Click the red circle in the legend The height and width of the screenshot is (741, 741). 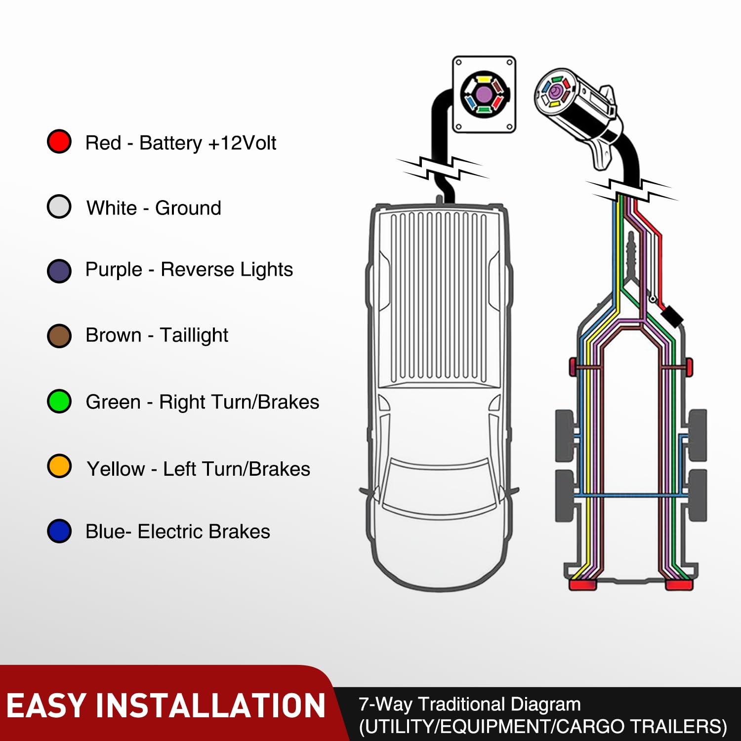click(x=59, y=142)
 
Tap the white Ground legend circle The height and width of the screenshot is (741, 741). click(x=59, y=207)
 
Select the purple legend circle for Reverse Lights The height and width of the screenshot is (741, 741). click(x=59, y=271)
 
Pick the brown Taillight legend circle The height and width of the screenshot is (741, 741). click(x=59, y=336)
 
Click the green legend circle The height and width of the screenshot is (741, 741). click(x=59, y=401)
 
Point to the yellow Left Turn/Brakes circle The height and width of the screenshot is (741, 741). click(x=59, y=466)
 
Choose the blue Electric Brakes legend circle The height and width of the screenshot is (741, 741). click(x=59, y=532)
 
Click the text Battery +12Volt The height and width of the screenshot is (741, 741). click(x=207, y=143)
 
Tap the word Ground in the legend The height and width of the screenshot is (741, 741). click(x=188, y=208)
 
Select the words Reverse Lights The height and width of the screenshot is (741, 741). click(x=227, y=270)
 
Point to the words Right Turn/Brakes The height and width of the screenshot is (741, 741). click(x=239, y=402)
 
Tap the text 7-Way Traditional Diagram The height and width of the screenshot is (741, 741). click(x=469, y=704)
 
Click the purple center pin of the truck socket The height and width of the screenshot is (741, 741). click(x=484, y=94)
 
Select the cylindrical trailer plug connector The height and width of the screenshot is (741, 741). click(x=578, y=104)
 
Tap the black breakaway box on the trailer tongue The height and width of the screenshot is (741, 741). click(x=671, y=315)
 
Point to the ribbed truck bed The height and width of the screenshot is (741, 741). click(x=439, y=296)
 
